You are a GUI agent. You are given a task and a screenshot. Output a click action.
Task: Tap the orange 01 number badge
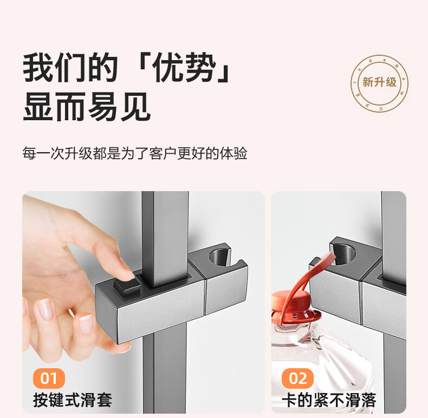(49, 378)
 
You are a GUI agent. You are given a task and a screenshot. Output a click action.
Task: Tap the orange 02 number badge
(297, 378)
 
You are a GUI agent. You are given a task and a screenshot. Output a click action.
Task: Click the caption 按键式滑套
(73, 400)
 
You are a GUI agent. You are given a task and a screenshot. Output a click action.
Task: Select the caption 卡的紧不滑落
(329, 400)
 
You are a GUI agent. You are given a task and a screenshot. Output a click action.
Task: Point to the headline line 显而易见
(87, 107)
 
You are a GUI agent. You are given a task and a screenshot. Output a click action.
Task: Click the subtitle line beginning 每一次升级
(135, 153)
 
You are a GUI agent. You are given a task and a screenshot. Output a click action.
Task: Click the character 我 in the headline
(38, 67)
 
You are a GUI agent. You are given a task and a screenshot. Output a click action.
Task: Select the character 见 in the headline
(135, 107)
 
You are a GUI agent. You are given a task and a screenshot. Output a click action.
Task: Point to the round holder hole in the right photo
(344, 254)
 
